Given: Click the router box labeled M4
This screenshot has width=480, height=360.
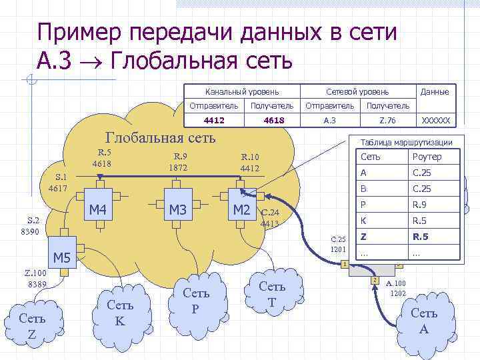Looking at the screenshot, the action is [x=98, y=211].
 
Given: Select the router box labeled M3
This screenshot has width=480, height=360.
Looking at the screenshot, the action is [x=177, y=211].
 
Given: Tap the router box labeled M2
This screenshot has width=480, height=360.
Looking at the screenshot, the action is [x=240, y=211].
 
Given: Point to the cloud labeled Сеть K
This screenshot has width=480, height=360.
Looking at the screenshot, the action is [x=121, y=312].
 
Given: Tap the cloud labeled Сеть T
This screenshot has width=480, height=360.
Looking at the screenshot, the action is [x=271, y=293].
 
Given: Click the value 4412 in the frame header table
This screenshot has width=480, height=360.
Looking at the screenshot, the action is [x=213, y=121].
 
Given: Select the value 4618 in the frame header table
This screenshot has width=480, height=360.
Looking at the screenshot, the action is [x=274, y=121].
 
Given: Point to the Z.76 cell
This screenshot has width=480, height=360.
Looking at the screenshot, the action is [x=387, y=121].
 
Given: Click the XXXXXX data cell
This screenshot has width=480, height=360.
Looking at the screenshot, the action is [x=436, y=121].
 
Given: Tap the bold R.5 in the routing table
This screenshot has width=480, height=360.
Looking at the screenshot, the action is [x=420, y=236].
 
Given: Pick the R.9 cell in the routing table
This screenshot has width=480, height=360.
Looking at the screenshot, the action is [x=420, y=204].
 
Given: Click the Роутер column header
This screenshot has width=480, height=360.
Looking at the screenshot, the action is [x=427, y=157].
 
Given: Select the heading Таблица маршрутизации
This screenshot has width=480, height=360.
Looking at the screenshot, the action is [x=406, y=142].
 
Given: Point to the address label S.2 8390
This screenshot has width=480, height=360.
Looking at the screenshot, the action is [x=33, y=225].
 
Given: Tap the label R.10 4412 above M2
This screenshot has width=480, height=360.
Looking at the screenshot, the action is [x=250, y=163].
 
